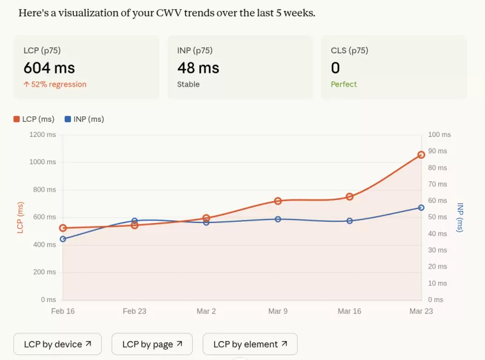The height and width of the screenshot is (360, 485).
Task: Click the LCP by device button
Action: [58, 344]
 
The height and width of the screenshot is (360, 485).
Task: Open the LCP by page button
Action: [152, 344]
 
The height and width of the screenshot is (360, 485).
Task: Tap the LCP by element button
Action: [250, 344]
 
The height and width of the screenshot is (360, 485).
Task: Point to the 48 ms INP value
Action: [198, 68]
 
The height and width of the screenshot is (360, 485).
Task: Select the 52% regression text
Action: [55, 84]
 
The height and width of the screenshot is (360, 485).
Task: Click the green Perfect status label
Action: [344, 84]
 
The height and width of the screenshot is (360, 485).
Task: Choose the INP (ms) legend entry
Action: [84, 119]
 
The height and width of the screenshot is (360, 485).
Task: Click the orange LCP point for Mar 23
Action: [421, 155]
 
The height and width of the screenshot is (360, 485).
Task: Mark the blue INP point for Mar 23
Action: [421, 208]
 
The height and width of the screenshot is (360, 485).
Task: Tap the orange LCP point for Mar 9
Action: [278, 201]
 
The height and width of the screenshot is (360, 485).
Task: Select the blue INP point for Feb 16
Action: [63, 239]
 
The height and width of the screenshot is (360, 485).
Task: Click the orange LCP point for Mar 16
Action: [350, 196]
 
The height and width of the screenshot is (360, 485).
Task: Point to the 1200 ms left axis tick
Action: [42, 135]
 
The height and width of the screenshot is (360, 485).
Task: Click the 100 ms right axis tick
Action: [440, 135]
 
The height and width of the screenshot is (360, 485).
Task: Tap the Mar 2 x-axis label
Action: [206, 311]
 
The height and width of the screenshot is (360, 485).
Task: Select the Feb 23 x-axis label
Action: [135, 311]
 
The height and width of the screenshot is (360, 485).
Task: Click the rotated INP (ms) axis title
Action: [460, 217]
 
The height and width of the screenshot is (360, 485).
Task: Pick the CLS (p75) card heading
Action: [349, 50]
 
